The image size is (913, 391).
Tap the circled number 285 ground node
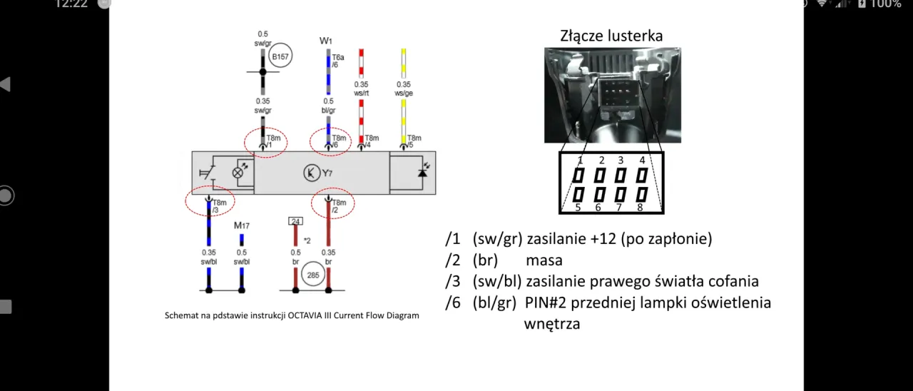(312, 274)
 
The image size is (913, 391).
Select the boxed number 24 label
(295, 221)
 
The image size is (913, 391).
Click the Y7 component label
(327, 173)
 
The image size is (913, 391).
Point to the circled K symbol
(311, 173)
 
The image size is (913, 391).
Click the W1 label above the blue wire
(326, 41)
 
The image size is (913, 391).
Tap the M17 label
(241, 225)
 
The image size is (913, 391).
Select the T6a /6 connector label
(337, 61)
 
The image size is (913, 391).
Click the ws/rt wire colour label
(361, 93)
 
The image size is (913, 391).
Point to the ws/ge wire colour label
(404, 93)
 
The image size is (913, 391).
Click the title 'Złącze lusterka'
(611, 36)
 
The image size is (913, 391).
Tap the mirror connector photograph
(612, 95)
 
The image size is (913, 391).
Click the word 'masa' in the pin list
(544, 260)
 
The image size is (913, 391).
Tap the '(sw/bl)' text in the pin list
(496, 281)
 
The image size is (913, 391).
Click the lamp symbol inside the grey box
(239, 173)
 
